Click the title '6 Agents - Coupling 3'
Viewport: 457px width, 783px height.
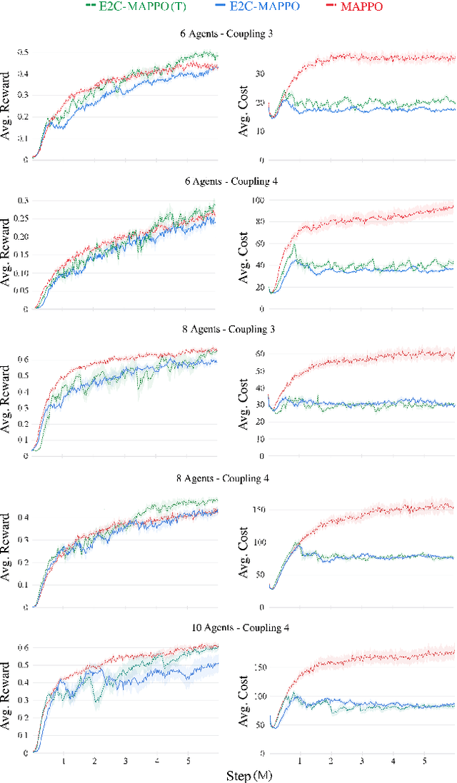point(228,34)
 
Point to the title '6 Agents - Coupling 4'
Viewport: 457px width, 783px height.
point(228,181)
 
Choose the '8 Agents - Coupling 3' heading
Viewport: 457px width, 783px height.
point(228,330)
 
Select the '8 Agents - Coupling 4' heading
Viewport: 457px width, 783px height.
point(228,478)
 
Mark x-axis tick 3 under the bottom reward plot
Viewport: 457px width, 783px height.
point(126,761)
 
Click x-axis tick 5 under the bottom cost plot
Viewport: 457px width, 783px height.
point(424,761)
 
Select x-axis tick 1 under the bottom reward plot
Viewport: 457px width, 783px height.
point(64,761)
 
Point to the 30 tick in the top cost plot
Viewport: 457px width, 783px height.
point(259,74)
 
